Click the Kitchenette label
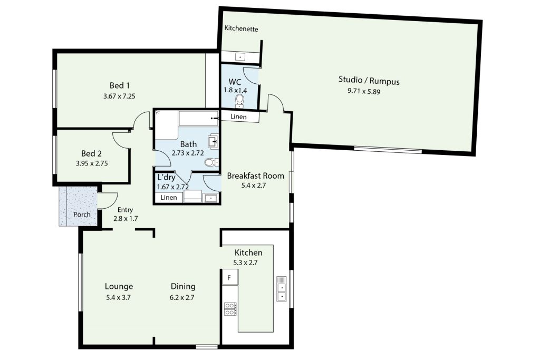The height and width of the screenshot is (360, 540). pyautogui.click(x=241, y=28)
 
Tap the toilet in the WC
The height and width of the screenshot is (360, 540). pyautogui.click(x=240, y=101)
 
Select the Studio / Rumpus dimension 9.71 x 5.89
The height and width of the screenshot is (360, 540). pyautogui.click(x=364, y=91)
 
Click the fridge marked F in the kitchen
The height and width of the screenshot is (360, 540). pyautogui.click(x=230, y=277)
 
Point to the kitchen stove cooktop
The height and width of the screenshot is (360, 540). pyautogui.click(x=230, y=309)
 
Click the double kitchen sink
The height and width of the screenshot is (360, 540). pyautogui.click(x=282, y=289)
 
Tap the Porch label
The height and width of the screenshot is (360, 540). pyautogui.click(x=82, y=215)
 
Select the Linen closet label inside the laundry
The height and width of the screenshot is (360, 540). pyautogui.click(x=169, y=198)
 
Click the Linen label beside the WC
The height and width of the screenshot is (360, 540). pyautogui.click(x=238, y=116)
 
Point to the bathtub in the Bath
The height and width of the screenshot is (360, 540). pyautogui.click(x=199, y=119)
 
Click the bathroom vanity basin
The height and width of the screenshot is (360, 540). pyautogui.click(x=213, y=141)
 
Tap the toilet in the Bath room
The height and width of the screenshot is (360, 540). pyautogui.click(x=210, y=162)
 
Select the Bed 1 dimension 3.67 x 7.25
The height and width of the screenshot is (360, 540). pyautogui.click(x=119, y=96)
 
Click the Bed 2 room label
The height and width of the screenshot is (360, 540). pyautogui.click(x=91, y=153)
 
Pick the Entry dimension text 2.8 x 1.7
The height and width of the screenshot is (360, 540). pyautogui.click(x=126, y=218)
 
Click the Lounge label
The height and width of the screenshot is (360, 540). pyautogui.click(x=119, y=286)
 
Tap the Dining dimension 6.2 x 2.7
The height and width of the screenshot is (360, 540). pyautogui.click(x=182, y=297)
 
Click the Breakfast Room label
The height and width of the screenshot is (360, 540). pyautogui.click(x=256, y=176)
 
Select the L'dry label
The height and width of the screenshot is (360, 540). pyautogui.click(x=166, y=178)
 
